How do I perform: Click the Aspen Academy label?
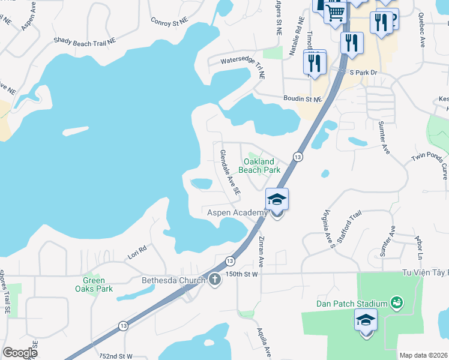point(237,213)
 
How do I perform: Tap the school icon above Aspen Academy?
point(277,199)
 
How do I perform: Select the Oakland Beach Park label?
point(259,166)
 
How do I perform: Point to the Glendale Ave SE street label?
point(230,172)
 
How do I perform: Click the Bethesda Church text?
point(173,280)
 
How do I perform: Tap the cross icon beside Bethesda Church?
point(215,280)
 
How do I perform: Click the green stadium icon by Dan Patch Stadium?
point(396,302)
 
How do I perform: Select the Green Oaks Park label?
point(94,284)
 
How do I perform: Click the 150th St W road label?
point(242,274)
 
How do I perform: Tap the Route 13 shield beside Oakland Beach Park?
point(297,157)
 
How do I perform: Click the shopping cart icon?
point(335,11)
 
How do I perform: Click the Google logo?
point(20,353)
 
